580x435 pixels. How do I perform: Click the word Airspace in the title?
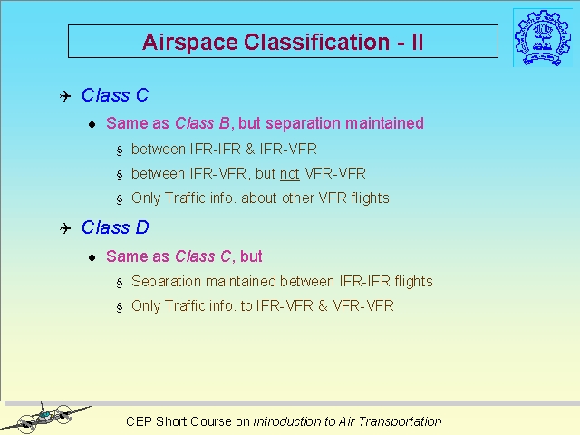pos(189,43)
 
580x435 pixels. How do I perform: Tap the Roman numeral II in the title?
pos(417,42)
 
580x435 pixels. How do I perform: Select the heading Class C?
pos(115,95)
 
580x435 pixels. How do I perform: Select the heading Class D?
pos(115,227)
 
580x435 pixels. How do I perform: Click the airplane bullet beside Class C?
pos(65,96)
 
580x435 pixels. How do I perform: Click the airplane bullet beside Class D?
pos(65,228)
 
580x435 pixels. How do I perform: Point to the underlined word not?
pos(290,173)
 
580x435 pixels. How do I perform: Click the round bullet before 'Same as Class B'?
pos(92,125)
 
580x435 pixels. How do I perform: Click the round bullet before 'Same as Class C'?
pos(92,257)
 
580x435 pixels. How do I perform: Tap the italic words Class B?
pos(202,123)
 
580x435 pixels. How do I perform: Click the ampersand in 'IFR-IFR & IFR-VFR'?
pos(250,149)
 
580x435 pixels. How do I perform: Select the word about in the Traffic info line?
pos(259,198)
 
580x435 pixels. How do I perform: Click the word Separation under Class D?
pos(167,282)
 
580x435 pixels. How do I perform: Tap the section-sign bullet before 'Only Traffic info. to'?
pos(119,307)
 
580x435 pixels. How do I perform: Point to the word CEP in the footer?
pos(139,421)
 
